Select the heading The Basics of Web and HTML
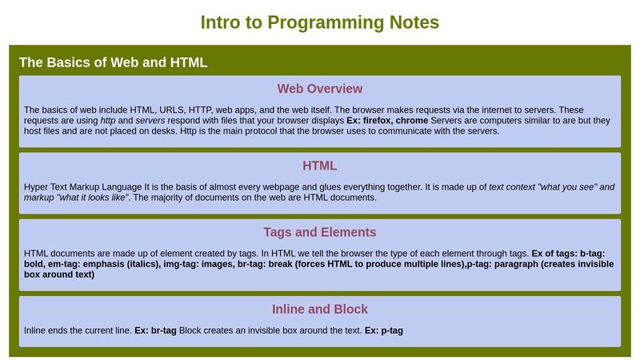click(113, 62)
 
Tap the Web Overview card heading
click(319, 89)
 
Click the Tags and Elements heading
click(319, 233)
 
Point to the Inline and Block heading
click(319, 310)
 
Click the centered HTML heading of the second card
click(319, 166)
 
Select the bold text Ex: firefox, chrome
click(387, 120)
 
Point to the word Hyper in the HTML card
click(38, 186)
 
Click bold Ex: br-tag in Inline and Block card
click(155, 330)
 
